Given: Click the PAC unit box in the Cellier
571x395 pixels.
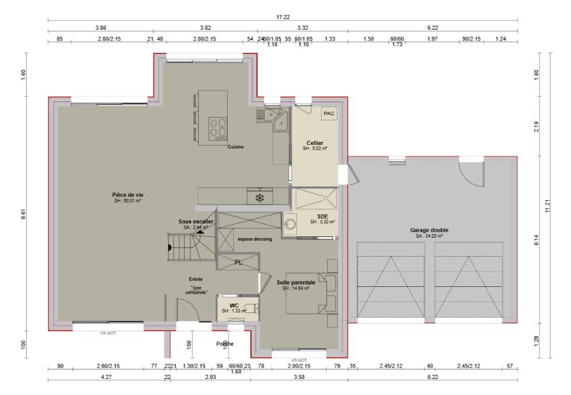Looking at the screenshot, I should (x=328, y=113).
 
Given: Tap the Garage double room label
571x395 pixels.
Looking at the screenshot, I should (x=429, y=230).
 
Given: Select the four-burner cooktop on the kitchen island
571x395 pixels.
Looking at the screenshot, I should (x=218, y=127).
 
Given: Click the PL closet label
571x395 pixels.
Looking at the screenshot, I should (x=238, y=262).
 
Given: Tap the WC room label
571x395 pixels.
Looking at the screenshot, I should (x=234, y=306).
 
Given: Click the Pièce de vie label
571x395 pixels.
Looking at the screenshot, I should (x=127, y=195).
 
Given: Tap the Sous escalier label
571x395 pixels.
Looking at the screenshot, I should (x=196, y=222).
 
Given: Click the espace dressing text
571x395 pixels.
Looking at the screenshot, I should (x=255, y=239).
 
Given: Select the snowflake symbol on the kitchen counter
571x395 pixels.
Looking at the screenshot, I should (x=259, y=197).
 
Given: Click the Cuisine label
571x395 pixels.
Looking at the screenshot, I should (x=236, y=147).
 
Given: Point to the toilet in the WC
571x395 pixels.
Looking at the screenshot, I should (x=253, y=308).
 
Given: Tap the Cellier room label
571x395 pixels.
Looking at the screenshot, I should (x=315, y=143).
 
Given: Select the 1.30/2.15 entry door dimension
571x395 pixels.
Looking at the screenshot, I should (x=193, y=366).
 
